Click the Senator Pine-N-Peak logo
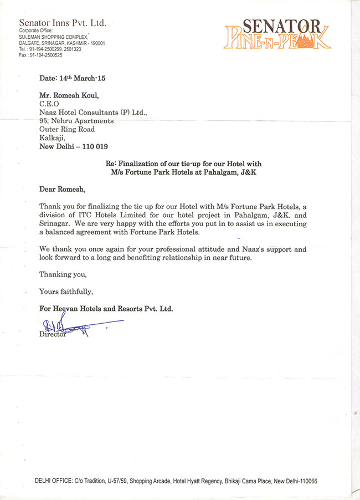277,34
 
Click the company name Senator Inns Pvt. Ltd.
62,23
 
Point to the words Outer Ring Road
67,129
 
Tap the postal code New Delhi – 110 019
74,146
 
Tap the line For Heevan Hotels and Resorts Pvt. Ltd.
106,309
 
